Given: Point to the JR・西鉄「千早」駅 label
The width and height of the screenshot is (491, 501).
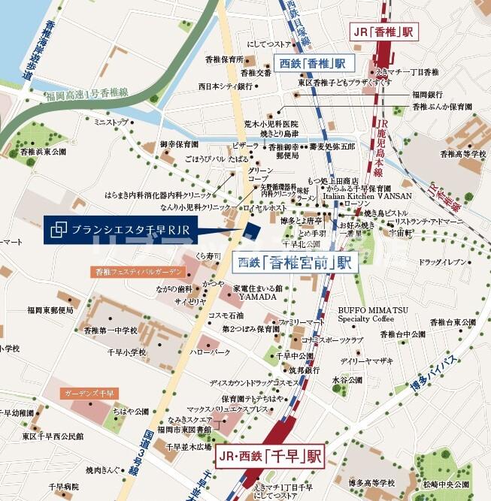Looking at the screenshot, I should pyautogui.click(x=269, y=455).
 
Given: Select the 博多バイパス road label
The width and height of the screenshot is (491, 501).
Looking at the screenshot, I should pyautogui.click(x=436, y=377).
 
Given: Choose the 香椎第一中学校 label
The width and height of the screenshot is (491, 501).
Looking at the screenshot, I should pyautogui.click(x=111, y=330).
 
